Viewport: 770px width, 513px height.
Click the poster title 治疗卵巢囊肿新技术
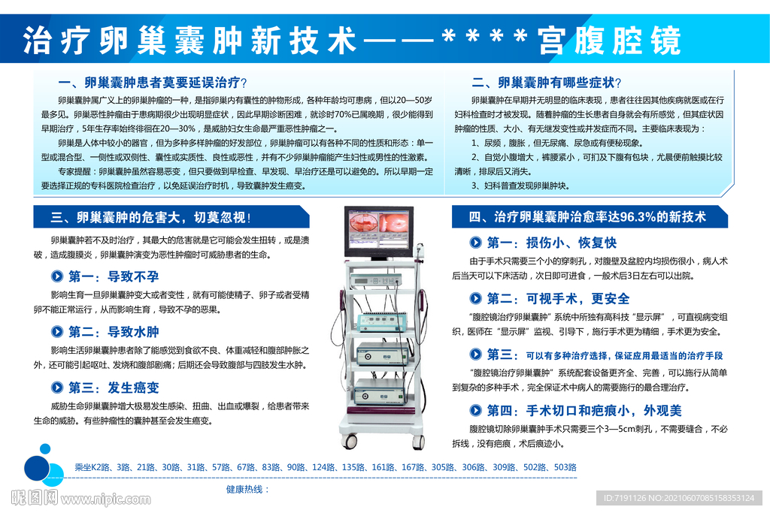189,41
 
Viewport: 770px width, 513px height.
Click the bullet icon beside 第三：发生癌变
57,388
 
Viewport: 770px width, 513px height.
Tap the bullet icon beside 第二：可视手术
475,298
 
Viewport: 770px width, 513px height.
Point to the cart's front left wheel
349,440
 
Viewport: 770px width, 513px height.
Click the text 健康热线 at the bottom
244,489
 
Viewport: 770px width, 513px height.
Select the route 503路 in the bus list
565,467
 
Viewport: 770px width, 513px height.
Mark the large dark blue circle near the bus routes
37,468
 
